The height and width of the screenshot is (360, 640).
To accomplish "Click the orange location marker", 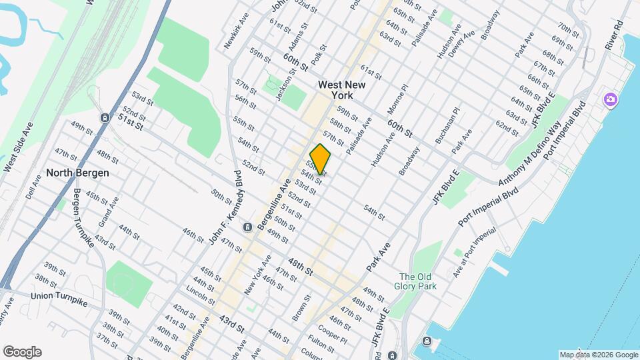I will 320,159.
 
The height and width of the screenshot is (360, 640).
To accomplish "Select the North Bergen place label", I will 77,173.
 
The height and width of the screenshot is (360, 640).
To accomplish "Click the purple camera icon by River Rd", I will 609,101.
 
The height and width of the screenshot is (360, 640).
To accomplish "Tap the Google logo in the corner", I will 22,352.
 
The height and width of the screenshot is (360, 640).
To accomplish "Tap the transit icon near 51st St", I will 105,117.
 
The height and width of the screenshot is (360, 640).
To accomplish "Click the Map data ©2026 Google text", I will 598,355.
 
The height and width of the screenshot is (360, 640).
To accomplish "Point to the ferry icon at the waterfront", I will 426,343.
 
